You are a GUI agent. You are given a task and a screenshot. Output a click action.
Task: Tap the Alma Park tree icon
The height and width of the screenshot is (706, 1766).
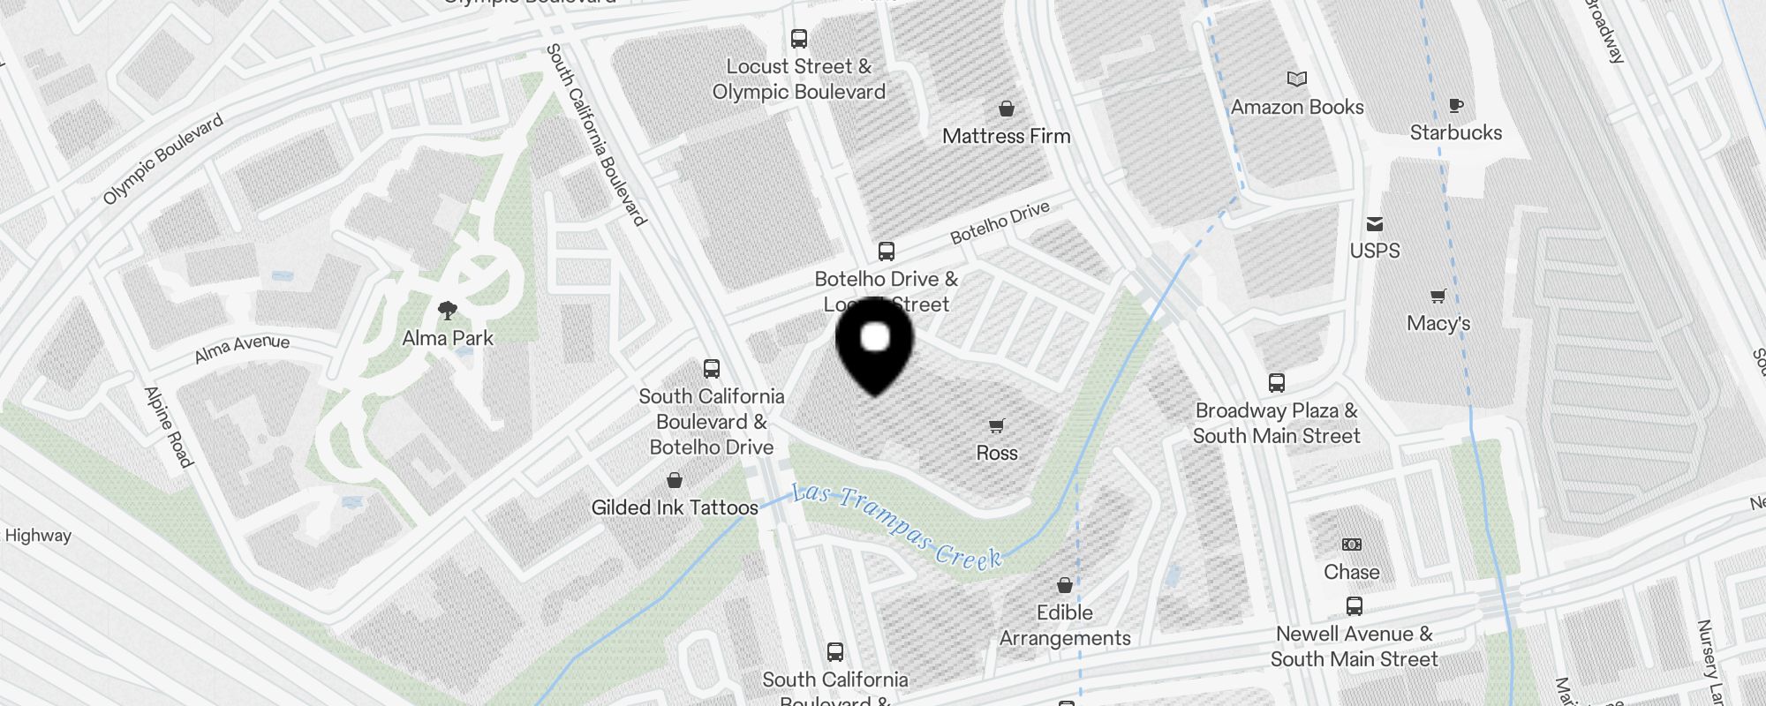[448, 311]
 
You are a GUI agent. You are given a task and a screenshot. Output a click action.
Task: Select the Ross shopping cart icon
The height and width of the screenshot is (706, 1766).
[997, 426]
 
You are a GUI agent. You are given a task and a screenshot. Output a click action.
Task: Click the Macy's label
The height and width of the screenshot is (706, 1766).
[1438, 323]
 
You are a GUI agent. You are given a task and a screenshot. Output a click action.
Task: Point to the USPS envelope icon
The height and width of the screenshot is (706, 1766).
[1375, 224]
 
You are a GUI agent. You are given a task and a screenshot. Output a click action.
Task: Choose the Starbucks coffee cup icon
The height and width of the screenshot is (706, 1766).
[1456, 106]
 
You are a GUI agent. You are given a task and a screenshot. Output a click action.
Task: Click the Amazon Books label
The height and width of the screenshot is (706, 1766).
[1297, 107]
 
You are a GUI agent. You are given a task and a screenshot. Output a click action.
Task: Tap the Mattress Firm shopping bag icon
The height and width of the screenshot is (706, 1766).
[1006, 109]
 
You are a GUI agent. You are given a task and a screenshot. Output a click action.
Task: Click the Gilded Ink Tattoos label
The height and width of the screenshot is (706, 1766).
[675, 507]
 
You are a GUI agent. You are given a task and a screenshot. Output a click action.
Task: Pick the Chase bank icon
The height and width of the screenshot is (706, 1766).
[1352, 545]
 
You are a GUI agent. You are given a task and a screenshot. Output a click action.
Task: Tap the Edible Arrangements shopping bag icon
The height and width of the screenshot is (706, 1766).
[1065, 586]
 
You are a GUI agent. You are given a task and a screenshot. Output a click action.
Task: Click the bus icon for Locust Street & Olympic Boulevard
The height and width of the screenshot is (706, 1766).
[799, 39]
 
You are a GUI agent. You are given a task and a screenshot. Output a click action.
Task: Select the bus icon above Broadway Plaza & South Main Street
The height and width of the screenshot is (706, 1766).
[1277, 383]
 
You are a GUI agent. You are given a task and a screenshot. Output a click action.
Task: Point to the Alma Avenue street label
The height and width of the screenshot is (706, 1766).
[242, 348]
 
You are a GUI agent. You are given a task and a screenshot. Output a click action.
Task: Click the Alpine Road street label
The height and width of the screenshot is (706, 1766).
[168, 426]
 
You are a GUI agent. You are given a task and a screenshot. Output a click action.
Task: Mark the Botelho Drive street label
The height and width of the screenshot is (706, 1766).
[1000, 222]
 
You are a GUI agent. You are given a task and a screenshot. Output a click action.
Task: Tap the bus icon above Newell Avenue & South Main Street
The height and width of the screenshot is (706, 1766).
[1355, 606]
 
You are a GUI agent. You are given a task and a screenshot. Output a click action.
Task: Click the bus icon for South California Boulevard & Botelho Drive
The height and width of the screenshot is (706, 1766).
[712, 369]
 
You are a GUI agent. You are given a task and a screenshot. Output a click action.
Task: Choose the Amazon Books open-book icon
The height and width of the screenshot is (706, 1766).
[1297, 79]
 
